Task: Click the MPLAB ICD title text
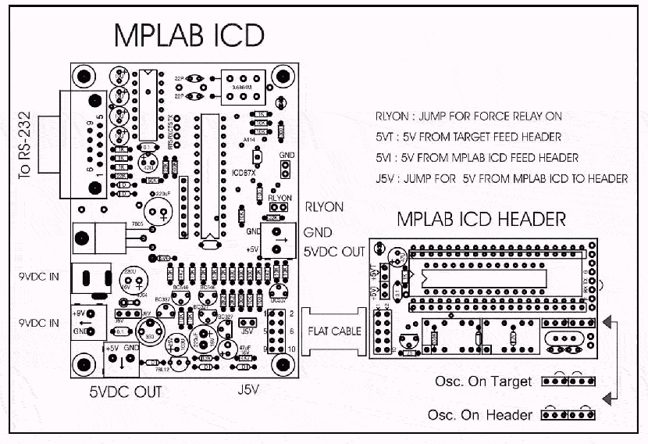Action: [x=189, y=35]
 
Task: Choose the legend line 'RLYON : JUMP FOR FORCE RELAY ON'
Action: [x=468, y=116]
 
